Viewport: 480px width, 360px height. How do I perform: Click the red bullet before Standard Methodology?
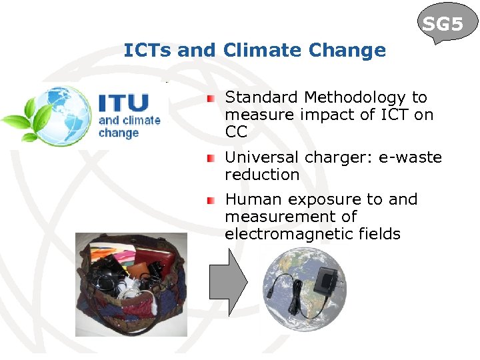pos(211,98)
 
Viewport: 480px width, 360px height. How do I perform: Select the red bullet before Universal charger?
pos(211,158)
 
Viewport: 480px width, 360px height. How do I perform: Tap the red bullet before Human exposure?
pos(211,200)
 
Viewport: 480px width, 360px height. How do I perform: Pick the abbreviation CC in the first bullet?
pos(236,132)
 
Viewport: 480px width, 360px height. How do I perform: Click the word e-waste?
pos(410,158)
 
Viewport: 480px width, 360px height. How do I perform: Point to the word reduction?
pos(262,175)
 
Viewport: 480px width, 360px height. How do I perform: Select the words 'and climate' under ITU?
pos(129,121)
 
